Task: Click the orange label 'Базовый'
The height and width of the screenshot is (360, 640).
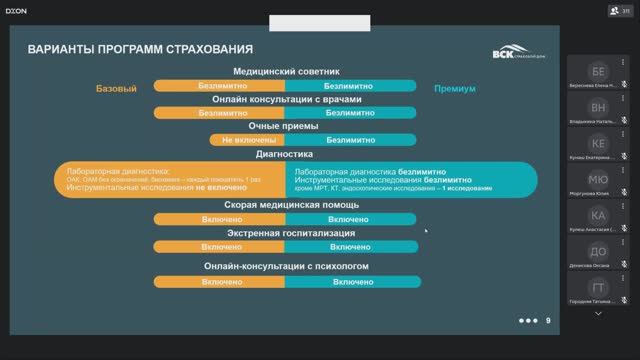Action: click(x=116, y=89)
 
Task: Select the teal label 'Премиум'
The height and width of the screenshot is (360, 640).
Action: click(x=454, y=89)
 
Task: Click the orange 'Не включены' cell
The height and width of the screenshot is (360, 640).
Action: click(x=221, y=140)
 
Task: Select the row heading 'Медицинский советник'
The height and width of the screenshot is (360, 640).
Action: click(x=286, y=72)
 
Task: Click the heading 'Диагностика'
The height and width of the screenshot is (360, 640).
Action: click(x=286, y=154)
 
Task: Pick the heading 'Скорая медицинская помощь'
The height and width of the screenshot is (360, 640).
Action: click(x=286, y=205)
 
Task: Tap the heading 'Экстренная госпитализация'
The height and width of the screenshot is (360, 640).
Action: click(x=286, y=233)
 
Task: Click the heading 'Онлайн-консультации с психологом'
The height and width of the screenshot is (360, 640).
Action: click(x=286, y=267)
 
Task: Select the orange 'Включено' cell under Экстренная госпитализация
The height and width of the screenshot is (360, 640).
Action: click(x=221, y=246)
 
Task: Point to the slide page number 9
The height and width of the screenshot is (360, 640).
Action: click(x=547, y=320)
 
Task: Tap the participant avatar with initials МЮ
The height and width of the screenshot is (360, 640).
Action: click(x=598, y=179)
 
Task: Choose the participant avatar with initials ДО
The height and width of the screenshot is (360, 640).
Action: click(x=598, y=250)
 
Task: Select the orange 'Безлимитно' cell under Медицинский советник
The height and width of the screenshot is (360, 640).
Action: click(x=221, y=86)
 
